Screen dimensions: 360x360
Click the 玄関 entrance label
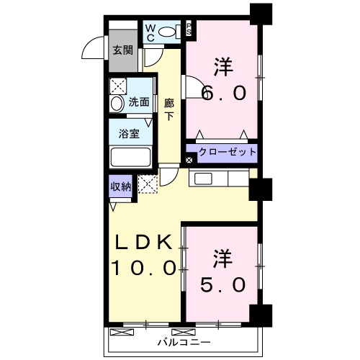click(x=122, y=50)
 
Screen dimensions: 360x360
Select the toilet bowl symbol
click(x=168, y=32)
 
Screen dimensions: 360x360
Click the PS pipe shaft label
click(x=189, y=30)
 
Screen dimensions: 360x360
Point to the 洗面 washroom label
click(x=139, y=102)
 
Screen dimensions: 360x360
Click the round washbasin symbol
click(x=117, y=103)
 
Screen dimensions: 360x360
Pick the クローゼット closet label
click(x=227, y=153)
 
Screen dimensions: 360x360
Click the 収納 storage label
click(x=120, y=186)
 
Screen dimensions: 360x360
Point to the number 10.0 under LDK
click(x=143, y=269)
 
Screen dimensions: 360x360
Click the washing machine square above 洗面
click(x=117, y=84)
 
